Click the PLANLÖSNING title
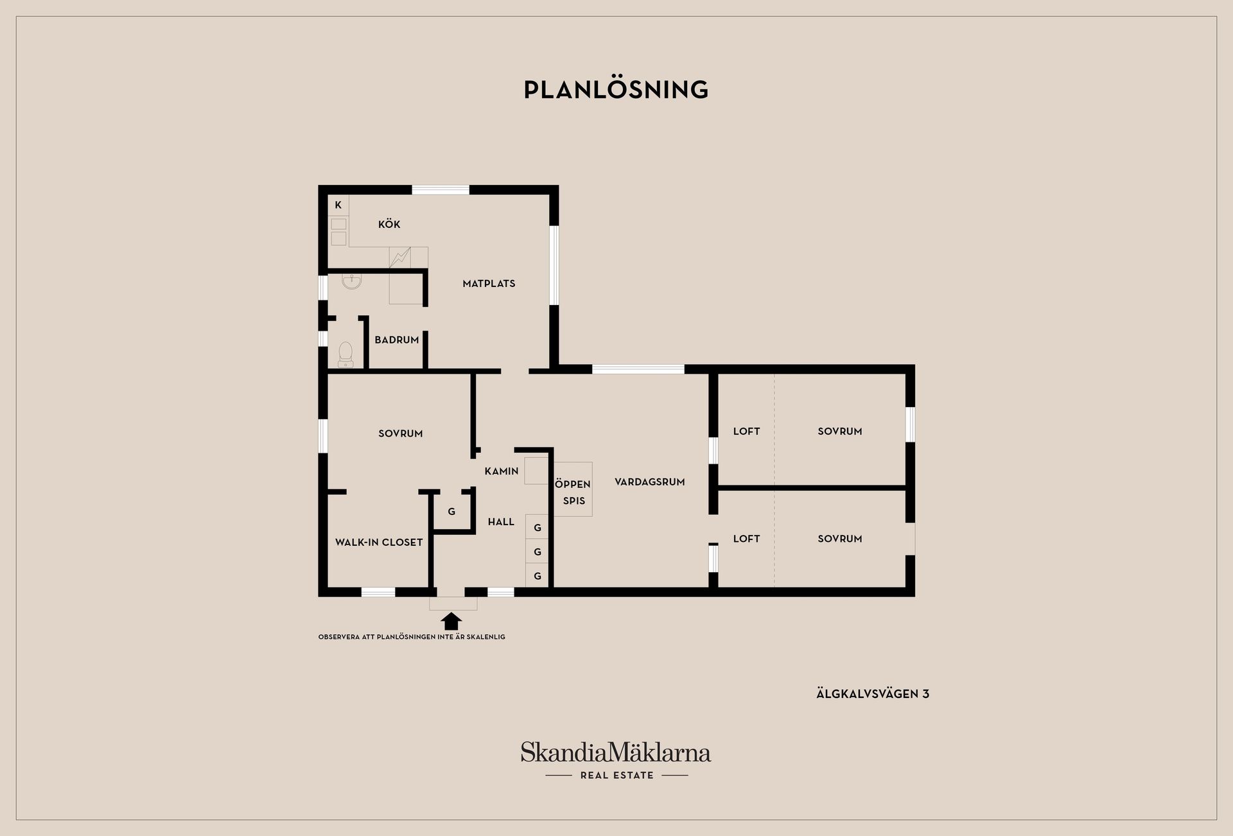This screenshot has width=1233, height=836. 616,89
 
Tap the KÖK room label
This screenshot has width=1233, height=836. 389,224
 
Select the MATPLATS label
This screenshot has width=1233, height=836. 489,283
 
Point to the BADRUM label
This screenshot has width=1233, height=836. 397,340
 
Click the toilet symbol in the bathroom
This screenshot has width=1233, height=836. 345,354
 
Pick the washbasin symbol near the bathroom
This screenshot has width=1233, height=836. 351,281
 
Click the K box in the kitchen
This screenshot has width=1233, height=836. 338,205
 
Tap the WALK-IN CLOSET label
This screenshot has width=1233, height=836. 379,543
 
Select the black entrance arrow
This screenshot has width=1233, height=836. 452,621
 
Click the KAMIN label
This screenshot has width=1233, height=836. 502,471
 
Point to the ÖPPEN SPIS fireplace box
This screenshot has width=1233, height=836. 573,489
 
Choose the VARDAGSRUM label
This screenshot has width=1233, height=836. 650,482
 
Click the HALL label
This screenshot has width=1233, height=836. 501,522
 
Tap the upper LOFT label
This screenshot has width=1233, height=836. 746,431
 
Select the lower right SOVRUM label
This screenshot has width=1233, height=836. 840,539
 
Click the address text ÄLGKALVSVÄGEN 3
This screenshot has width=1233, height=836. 873,694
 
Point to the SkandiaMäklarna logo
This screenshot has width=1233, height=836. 616,753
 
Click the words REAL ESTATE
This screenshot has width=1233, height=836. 616,776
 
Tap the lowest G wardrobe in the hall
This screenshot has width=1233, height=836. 538,576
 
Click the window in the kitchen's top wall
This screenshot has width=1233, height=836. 441,190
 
